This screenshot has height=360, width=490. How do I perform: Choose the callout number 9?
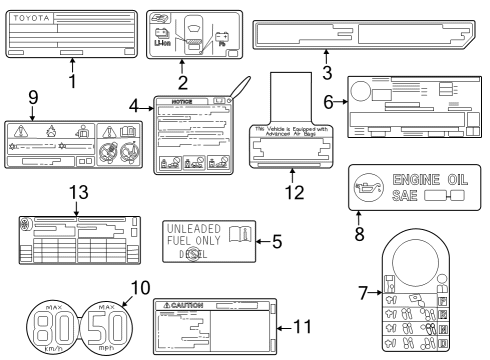click(32, 98)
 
